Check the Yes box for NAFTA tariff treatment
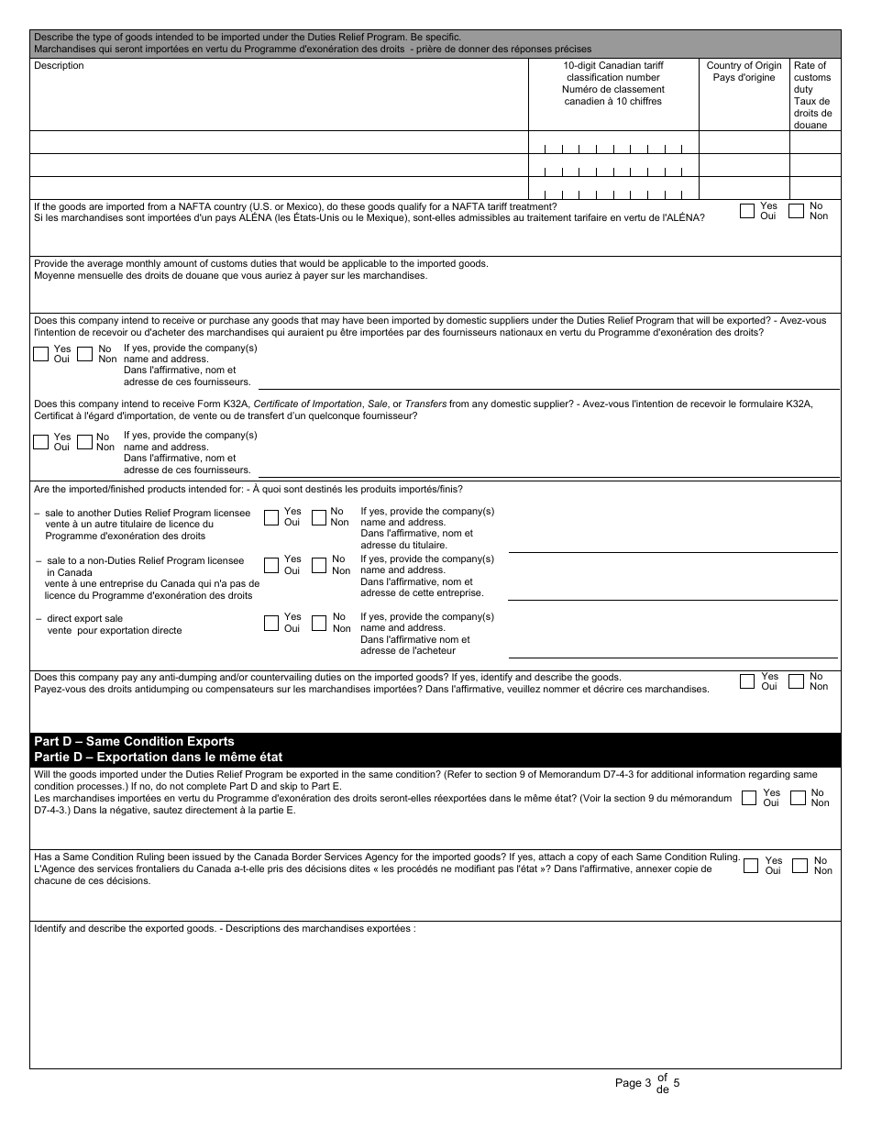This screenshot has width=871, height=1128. click(748, 211)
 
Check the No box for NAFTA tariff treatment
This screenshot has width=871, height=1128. click(797, 211)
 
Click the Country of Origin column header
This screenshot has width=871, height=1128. click(744, 72)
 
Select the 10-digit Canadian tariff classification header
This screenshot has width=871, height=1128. click(613, 83)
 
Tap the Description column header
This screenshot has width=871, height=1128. click(59, 66)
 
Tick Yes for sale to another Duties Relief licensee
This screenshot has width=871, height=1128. click(271, 517)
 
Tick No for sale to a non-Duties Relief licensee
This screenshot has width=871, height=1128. click(319, 565)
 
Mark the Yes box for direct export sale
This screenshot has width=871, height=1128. click(271, 624)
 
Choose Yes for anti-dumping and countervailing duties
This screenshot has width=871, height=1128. click(748, 681)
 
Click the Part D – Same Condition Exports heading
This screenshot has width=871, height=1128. click(134, 741)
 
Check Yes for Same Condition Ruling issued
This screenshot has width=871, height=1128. click(752, 866)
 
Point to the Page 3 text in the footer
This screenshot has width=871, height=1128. click(633, 1083)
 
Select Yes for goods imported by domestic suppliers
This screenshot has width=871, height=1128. click(41, 354)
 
